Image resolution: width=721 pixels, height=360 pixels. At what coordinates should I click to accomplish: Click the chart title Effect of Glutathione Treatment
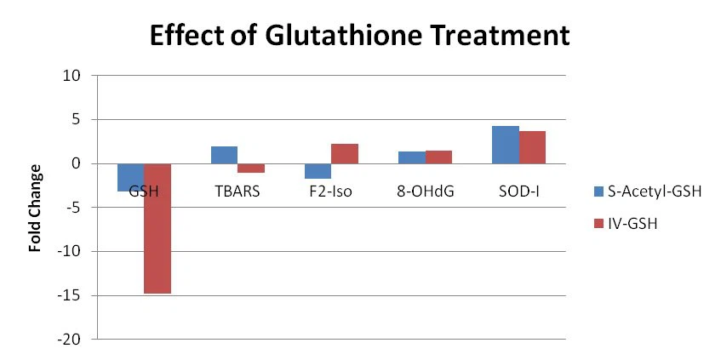click(x=358, y=37)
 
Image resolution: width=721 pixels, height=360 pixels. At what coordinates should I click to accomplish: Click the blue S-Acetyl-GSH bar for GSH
click(x=130, y=177)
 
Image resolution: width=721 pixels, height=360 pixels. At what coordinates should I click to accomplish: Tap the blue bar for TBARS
click(x=224, y=155)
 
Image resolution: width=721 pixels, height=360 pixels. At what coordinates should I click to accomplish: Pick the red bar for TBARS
click(x=251, y=168)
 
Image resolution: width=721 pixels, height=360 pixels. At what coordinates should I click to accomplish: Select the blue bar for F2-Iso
click(x=318, y=171)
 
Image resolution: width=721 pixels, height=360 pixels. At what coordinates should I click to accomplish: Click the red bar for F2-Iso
click(x=345, y=154)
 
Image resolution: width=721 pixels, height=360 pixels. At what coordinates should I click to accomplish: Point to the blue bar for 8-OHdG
click(x=411, y=157)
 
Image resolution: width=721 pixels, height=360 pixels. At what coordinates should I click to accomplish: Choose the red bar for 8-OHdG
click(x=438, y=157)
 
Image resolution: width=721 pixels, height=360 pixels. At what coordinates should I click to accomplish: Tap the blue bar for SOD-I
click(x=505, y=145)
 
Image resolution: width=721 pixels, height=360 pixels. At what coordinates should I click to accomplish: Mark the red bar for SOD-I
click(x=532, y=147)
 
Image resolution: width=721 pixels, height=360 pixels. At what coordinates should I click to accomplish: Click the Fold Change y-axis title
click(x=36, y=209)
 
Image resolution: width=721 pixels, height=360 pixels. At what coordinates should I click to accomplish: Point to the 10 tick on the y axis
click(x=72, y=76)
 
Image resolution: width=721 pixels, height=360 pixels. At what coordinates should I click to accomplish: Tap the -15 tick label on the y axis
click(x=69, y=296)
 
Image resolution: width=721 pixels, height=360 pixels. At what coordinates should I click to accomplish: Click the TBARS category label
click(x=237, y=191)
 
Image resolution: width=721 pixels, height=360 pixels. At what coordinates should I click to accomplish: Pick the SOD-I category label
click(x=518, y=191)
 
